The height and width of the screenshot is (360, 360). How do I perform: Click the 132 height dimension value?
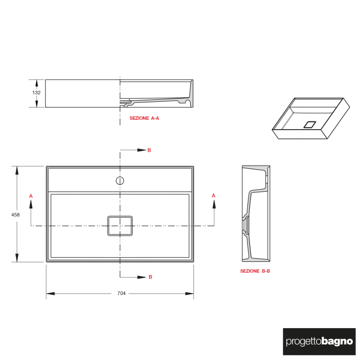pos(37,93)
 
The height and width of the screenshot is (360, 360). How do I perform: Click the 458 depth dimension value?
pos(15,215)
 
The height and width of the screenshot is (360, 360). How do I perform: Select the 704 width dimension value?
pos(121,294)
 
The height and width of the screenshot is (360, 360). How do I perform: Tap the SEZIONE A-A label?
pos(145,118)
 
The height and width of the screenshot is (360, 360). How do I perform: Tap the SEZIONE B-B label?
pos(255,271)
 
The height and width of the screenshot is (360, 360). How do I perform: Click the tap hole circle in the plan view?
pos(120,181)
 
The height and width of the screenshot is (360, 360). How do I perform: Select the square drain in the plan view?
pos(120,225)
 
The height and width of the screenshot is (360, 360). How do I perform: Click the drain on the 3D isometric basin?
pos(310,124)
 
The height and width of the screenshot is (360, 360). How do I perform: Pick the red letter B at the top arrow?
pos(149,150)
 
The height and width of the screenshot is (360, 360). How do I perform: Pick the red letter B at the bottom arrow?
pos(150,277)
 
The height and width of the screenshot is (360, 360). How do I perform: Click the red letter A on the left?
pos(31,196)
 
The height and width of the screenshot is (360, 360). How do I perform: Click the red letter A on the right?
pos(213,195)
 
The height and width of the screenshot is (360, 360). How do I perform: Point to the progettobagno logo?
pos(319,341)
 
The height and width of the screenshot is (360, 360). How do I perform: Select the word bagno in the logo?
pos(337,341)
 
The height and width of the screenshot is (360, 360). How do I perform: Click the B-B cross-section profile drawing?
pos(255,213)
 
